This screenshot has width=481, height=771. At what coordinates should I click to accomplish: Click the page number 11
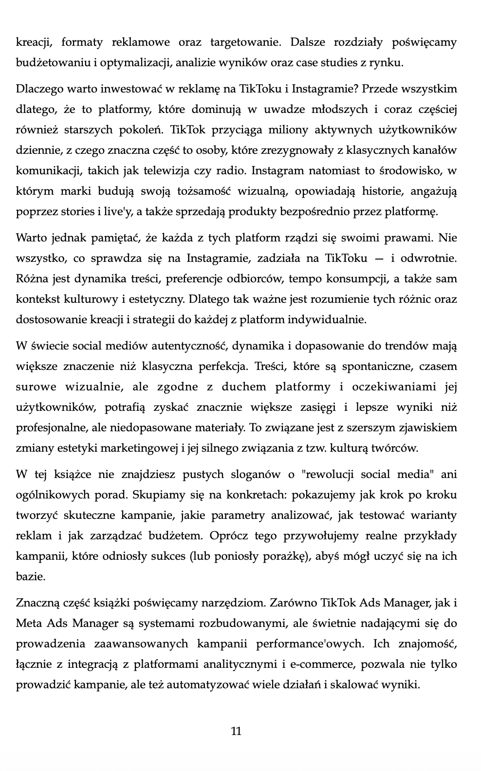[236, 731]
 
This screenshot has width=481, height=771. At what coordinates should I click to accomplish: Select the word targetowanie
[245, 42]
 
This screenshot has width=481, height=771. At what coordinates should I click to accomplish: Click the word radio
[233, 171]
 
